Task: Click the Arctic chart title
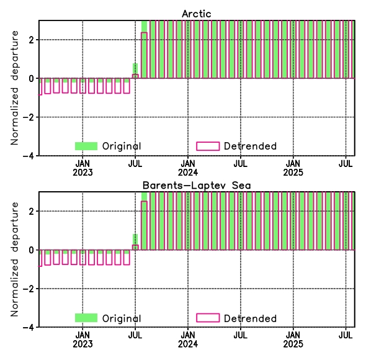(196, 14)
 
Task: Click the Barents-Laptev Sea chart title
(197, 186)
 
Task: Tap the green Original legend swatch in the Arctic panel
(86, 146)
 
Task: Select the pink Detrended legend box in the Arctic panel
(208, 146)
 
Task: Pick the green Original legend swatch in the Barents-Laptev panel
(86, 318)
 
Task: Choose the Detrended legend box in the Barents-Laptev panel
(208, 318)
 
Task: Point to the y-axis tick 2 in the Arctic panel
(32, 40)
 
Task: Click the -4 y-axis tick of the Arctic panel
(29, 156)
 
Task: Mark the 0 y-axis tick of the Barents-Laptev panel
(32, 250)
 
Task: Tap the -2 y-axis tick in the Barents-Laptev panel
(29, 289)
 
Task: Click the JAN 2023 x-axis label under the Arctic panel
(83, 168)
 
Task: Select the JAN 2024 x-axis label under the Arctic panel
(188, 168)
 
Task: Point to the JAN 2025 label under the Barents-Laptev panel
(293, 340)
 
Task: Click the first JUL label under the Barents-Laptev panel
(135, 335)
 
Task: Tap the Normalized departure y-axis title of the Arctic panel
(14, 88)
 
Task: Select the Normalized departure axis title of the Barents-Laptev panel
(14, 259)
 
